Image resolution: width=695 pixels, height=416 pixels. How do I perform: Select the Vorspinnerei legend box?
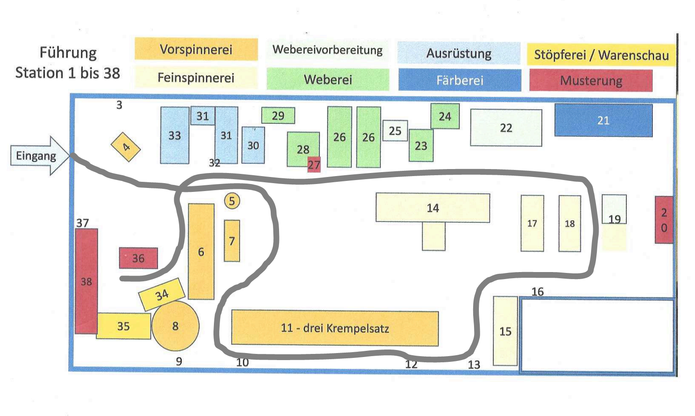(196, 49)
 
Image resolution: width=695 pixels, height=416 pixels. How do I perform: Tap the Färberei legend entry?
(460, 80)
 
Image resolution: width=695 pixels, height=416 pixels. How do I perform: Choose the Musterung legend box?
(591, 81)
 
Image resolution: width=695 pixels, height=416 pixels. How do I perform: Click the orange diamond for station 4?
(125, 147)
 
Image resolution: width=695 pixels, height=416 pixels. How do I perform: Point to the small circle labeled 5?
(232, 201)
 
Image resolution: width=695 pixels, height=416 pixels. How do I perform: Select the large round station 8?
(175, 326)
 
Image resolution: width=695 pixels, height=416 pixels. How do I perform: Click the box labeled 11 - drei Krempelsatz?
(335, 328)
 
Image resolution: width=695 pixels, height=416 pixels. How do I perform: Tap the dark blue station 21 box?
(603, 120)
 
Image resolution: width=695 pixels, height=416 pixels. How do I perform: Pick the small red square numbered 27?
(314, 164)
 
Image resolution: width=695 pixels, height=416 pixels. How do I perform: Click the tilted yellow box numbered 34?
(162, 295)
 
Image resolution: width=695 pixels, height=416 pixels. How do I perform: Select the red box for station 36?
(138, 258)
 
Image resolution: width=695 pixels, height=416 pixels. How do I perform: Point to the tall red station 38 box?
(86, 281)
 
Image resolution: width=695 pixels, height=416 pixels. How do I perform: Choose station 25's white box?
(395, 131)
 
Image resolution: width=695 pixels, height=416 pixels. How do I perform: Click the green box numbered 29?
(278, 116)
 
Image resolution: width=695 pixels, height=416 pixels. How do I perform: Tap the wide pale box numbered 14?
(433, 207)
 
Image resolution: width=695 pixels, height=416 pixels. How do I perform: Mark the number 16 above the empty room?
(537, 291)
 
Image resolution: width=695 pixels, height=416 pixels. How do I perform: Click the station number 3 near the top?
(119, 105)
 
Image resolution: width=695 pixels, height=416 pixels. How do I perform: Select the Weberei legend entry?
(328, 79)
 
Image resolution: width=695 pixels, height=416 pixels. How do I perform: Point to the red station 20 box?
(664, 220)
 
